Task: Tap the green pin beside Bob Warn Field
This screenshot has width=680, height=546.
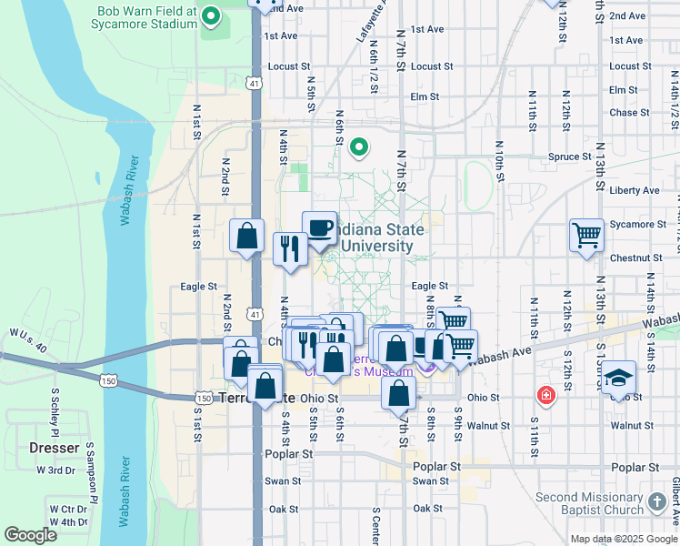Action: tap(212, 15)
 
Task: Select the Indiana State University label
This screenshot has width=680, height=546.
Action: tap(374, 238)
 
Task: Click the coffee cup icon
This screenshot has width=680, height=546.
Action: tap(319, 227)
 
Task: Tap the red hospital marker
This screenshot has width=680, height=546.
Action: tap(545, 395)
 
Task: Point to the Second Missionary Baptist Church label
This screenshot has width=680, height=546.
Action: tap(589, 504)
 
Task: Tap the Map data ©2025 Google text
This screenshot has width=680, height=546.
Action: tap(624, 539)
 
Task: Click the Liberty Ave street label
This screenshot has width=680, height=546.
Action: tap(635, 190)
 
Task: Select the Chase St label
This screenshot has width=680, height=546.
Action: tap(623, 113)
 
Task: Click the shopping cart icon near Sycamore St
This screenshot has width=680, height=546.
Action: tap(587, 235)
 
